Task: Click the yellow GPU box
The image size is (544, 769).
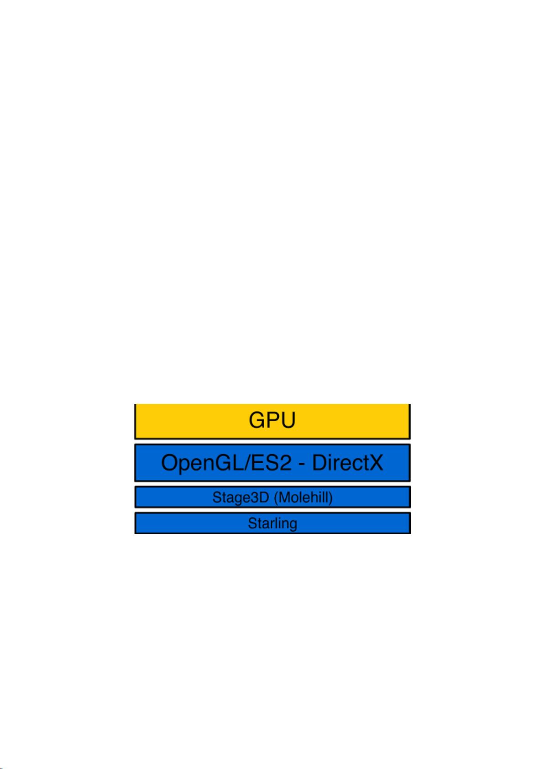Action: (x=272, y=421)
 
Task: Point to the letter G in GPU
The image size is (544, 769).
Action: (x=257, y=420)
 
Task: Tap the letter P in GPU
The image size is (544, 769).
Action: (x=273, y=420)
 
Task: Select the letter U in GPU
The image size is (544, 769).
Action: (x=288, y=420)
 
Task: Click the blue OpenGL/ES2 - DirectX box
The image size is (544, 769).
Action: (x=272, y=462)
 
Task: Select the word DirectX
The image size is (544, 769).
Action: (x=347, y=462)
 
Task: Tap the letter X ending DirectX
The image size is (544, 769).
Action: (x=374, y=462)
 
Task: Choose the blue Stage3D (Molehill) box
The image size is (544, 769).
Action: (x=272, y=497)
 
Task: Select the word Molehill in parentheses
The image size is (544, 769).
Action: (x=303, y=497)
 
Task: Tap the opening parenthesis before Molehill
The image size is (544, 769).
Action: (x=276, y=497)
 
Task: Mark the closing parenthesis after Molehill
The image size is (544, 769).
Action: (x=330, y=497)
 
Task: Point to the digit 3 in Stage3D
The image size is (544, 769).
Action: (x=254, y=497)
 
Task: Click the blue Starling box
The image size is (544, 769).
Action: (x=272, y=523)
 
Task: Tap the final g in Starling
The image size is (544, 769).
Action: (x=293, y=525)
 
